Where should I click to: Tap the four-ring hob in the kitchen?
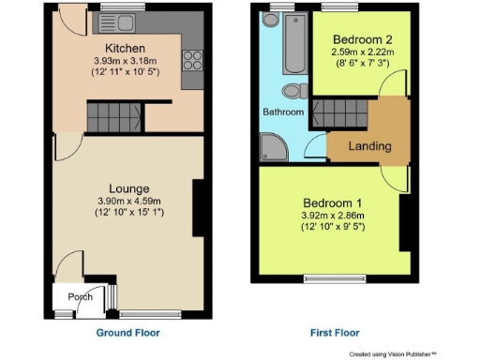tap(195, 61)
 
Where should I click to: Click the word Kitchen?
tap(124, 48)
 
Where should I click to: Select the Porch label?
tap(80, 297)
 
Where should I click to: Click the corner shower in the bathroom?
tap(275, 144)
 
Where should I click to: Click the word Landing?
tap(368, 146)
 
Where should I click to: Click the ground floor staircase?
tap(113, 118)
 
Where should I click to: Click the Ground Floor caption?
tap(127, 333)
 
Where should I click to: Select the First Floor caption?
tap(334, 333)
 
